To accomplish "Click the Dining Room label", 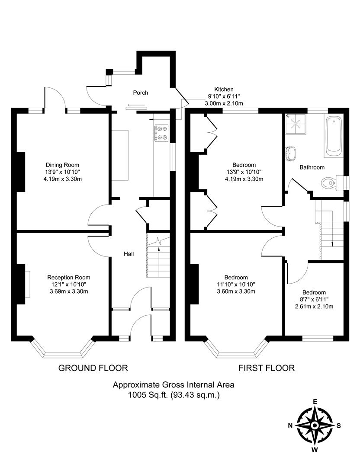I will (x=63, y=165).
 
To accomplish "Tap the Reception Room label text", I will (x=69, y=278).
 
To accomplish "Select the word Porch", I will (x=141, y=93).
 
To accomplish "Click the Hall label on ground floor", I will (x=129, y=254).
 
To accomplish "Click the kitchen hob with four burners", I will (x=162, y=133).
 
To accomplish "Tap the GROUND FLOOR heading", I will (x=93, y=368).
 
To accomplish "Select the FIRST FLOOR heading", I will (x=267, y=368).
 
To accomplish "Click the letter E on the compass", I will (x=315, y=402).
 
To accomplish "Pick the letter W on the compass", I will (x=315, y=450).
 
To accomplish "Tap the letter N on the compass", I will (x=290, y=425).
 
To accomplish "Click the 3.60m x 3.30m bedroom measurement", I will (x=236, y=291).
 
